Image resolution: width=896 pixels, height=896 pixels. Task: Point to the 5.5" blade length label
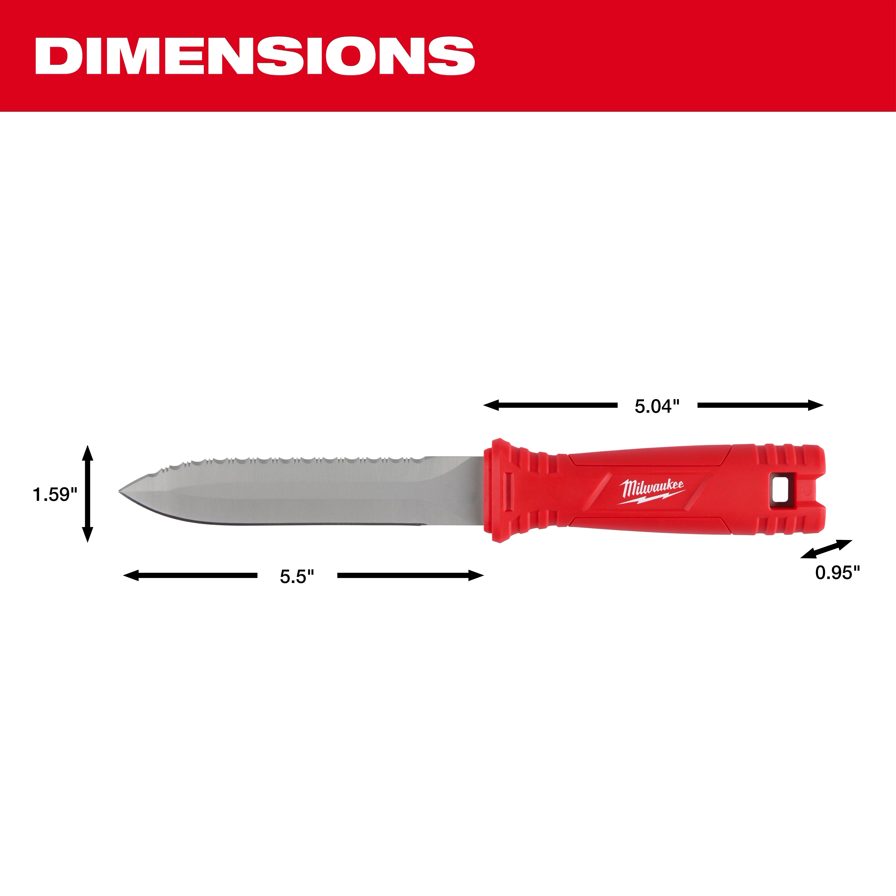[297, 576]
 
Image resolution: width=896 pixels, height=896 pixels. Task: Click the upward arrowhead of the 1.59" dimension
[87, 452]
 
